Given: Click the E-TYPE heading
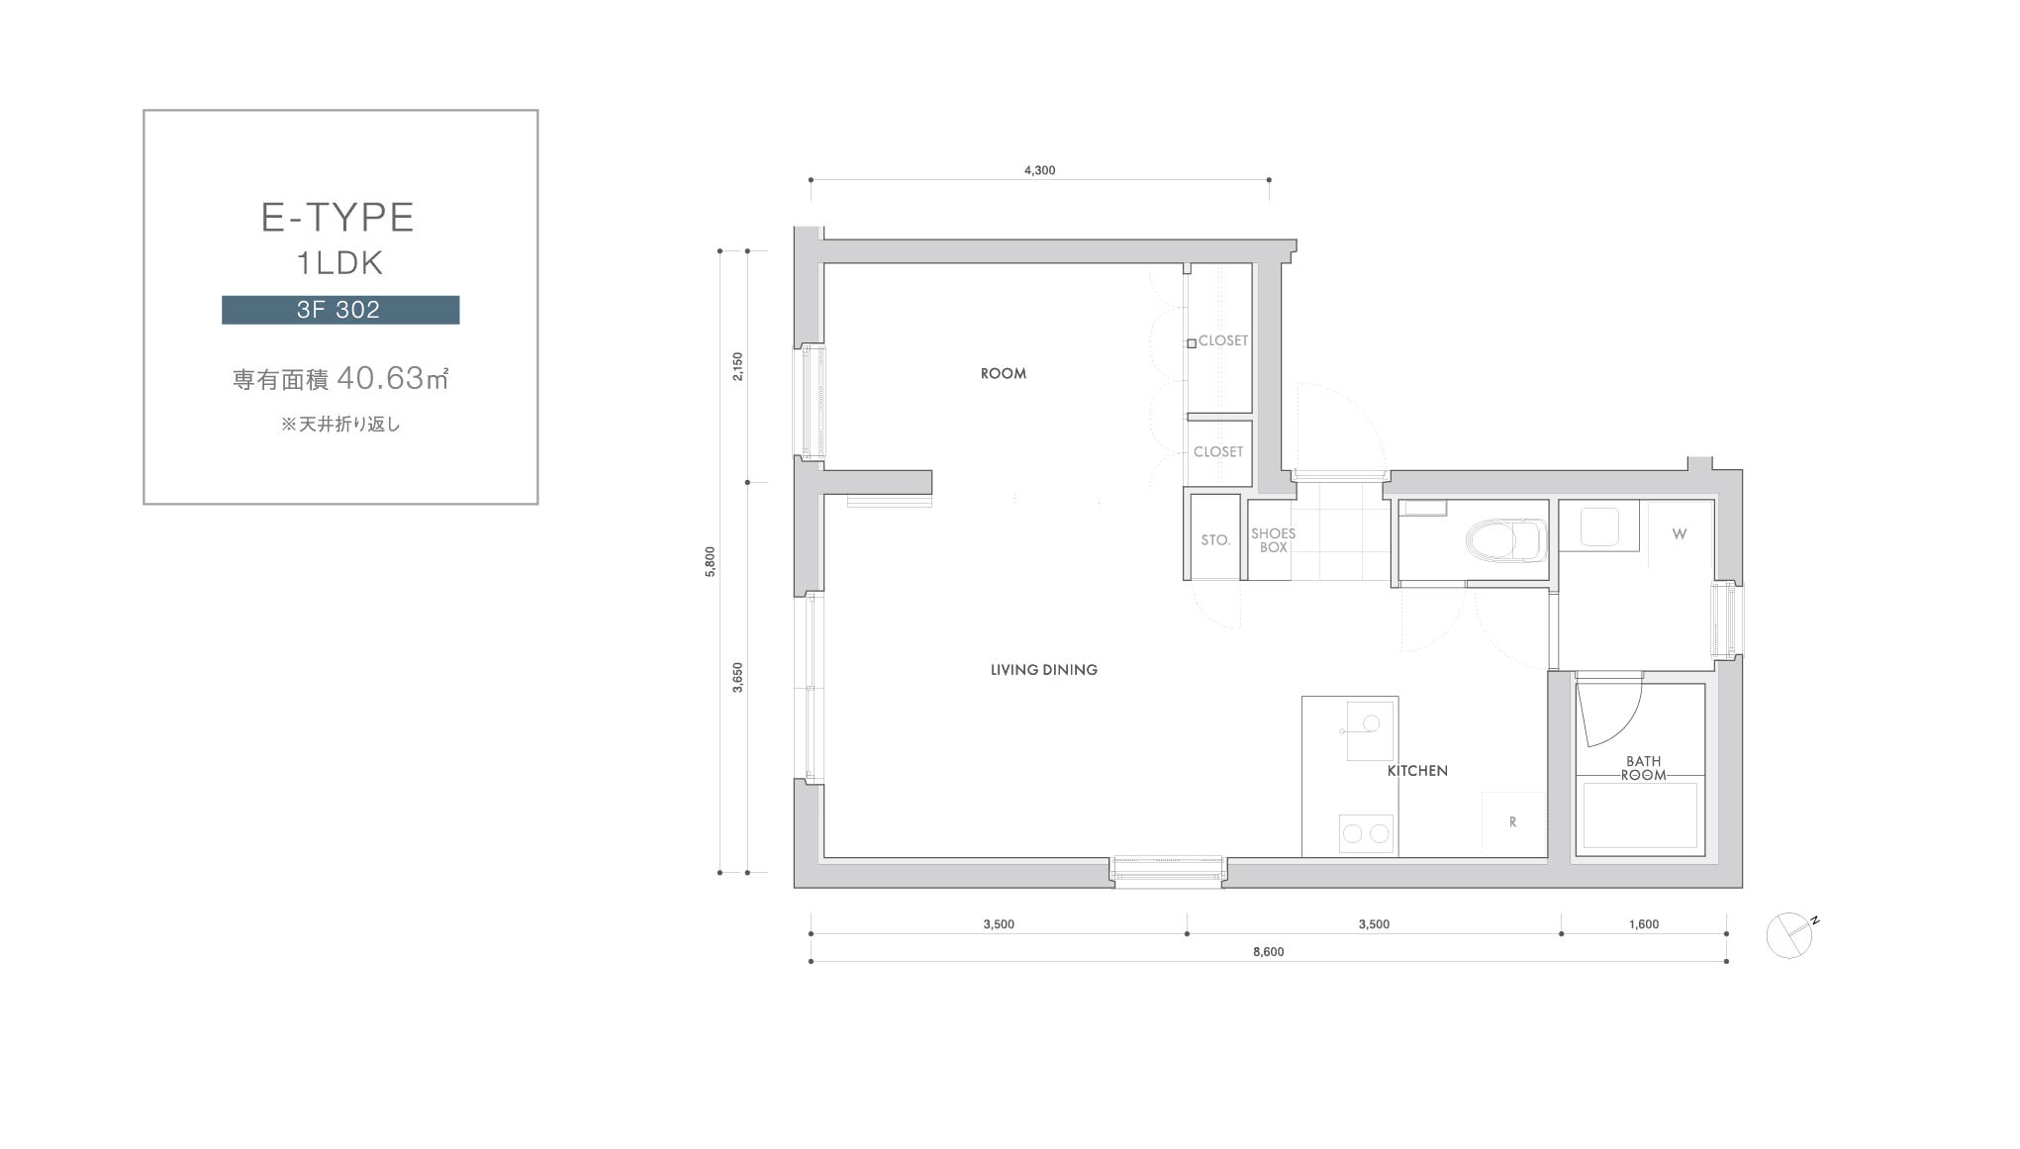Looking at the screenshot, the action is pos(337,218).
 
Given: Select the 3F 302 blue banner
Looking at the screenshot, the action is pos(340,310).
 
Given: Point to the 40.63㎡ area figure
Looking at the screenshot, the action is pos(393,377).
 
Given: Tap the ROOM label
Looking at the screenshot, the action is pos(1004,373).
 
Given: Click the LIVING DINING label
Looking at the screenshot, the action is pos(1044,670).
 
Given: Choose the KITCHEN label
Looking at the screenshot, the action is pos(1417,771).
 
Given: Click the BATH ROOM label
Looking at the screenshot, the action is pos(1644,768).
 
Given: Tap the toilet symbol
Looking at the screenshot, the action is pos(1505,540).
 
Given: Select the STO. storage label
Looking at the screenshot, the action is pos(1215,540).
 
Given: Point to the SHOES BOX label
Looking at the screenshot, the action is pos(1274,540).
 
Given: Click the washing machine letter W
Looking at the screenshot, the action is pos(1680,534).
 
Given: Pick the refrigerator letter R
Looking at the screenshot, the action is pos(1512,822).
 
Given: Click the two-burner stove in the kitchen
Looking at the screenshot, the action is pos(1366,833).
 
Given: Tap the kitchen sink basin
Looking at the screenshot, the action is pos(1370,729).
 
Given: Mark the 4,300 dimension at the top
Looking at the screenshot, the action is pos(1039,170).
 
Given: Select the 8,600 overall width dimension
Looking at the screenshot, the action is pos(1268,952).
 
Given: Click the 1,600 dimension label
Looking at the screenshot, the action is pos(1644,924).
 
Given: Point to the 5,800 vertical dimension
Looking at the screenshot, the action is pos(711,561).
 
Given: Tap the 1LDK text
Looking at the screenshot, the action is pos(340,263).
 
